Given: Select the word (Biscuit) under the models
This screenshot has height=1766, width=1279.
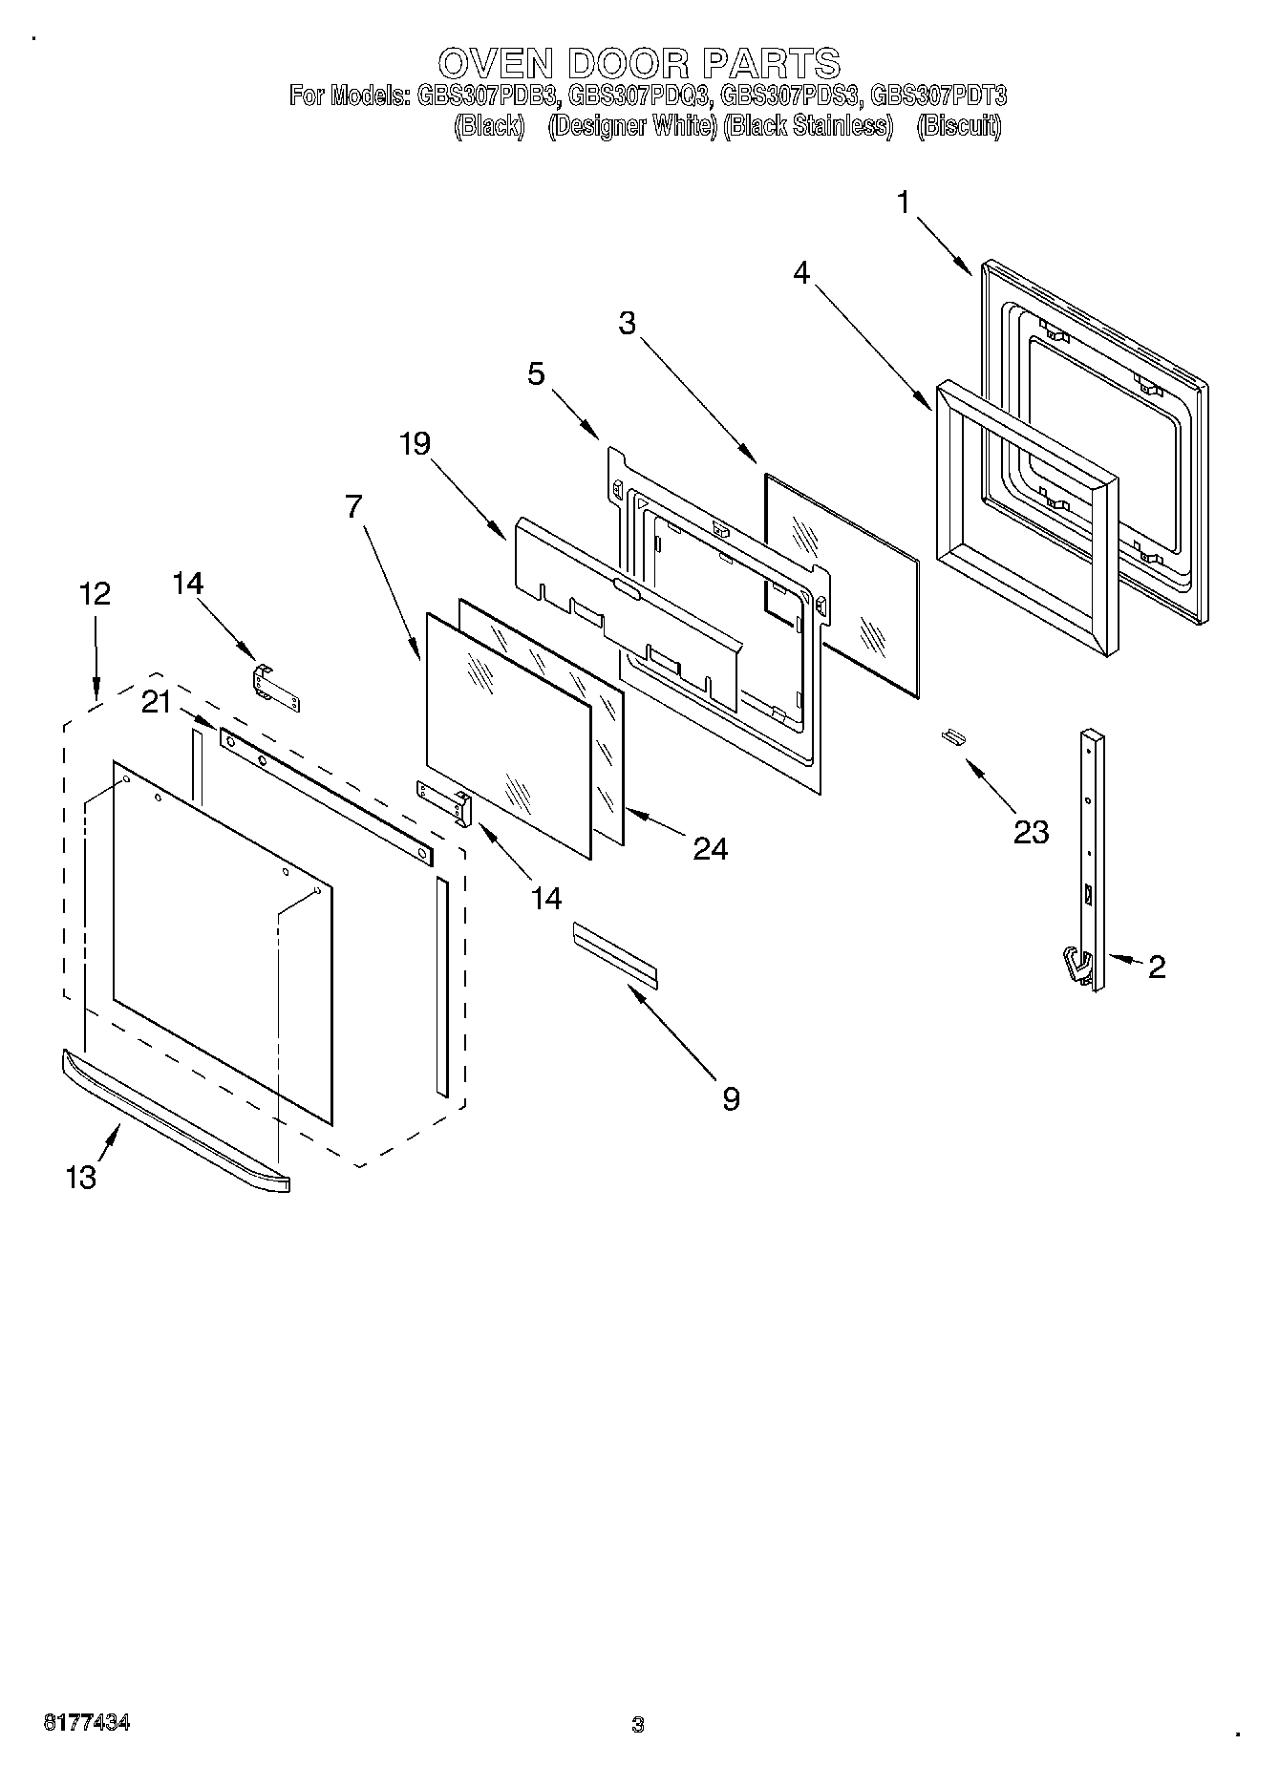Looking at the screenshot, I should (958, 126).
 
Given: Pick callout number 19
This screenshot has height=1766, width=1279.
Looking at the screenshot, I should (415, 443).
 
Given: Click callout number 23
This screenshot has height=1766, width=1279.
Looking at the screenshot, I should (1031, 832).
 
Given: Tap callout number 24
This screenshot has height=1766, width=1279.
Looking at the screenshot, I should (709, 848).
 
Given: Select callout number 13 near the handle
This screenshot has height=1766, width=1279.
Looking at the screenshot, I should (81, 1178).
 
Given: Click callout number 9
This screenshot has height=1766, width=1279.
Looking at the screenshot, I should (730, 1099).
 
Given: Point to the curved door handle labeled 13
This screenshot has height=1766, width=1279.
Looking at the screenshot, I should (172, 1117).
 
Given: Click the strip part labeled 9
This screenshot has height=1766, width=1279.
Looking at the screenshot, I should (615, 952).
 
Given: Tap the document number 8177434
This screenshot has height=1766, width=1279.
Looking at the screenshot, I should (87, 1723).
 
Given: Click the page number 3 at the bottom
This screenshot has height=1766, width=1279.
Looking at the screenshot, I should (638, 1725).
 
